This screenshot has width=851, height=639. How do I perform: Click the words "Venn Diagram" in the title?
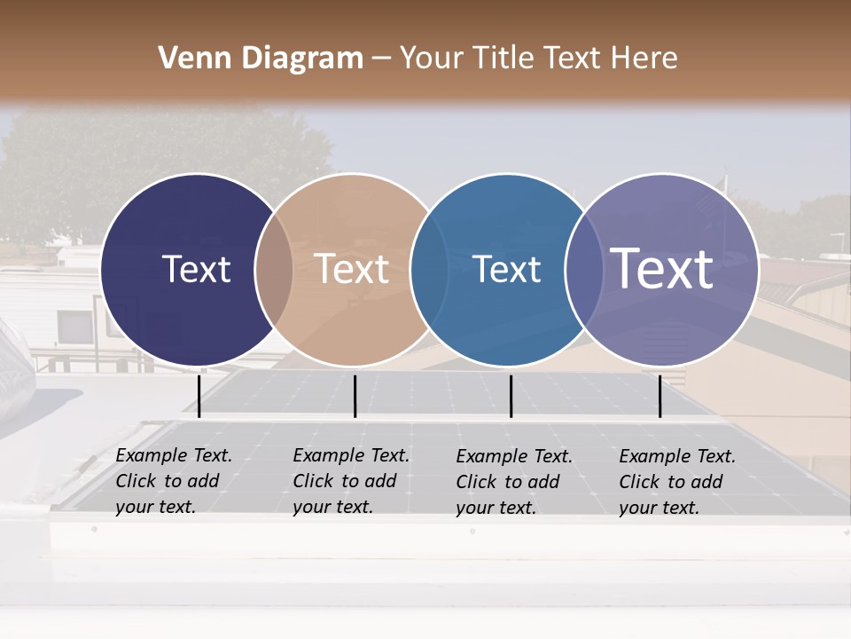click(261, 59)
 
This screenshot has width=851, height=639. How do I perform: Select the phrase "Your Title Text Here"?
click(538, 59)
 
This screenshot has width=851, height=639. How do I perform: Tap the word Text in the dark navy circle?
click(196, 269)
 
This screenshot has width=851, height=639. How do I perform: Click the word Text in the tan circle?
click(352, 269)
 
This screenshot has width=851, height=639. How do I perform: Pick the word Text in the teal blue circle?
click(507, 269)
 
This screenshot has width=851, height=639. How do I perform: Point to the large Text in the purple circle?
click(662, 268)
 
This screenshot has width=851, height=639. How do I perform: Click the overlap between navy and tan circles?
click(274, 270)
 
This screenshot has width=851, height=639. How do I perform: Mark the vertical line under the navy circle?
click(199, 396)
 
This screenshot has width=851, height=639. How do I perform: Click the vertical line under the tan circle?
click(355, 396)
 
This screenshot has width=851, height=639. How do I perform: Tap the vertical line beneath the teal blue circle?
click(511, 396)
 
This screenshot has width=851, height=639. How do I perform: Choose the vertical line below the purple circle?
click(660, 396)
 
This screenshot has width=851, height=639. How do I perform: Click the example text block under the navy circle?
click(174, 481)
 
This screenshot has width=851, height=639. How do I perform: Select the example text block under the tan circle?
click(351, 481)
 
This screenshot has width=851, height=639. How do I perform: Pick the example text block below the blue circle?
click(514, 482)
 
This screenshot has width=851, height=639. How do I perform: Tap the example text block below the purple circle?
click(677, 482)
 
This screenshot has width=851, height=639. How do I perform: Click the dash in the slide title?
click(380, 59)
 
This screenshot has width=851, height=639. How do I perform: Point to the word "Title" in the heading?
click(504, 59)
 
